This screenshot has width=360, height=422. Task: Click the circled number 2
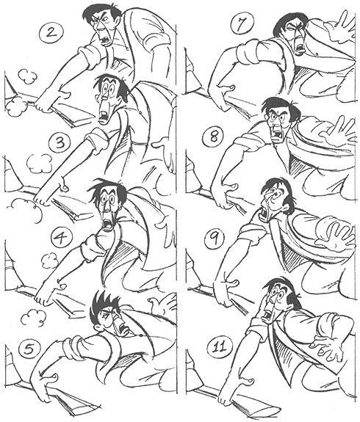51,33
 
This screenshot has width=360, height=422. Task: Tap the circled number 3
61,143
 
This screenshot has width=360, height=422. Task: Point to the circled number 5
29,349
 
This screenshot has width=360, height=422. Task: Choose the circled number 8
215,137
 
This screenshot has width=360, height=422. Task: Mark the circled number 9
215,239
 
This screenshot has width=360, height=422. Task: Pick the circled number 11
220,347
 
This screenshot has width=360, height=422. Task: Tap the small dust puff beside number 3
40,163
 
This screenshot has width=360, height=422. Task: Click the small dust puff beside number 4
48,262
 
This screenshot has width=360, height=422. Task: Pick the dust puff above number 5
33,318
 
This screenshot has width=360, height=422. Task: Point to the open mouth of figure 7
298,48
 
